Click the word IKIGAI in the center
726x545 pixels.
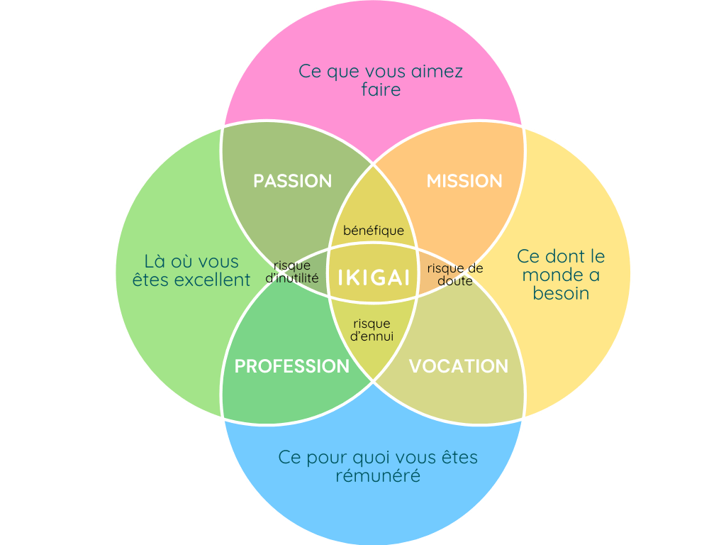[x=374, y=277]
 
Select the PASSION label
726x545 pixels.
[x=293, y=181]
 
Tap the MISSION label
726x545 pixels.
[x=464, y=181]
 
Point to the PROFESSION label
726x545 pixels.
[x=292, y=366]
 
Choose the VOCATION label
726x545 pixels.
[x=459, y=366]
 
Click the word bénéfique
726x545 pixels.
[x=374, y=231]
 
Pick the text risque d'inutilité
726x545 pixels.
[x=292, y=272]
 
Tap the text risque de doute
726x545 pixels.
[x=454, y=275]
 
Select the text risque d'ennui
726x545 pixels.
[x=372, y=330]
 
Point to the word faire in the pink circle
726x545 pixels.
[x=381, y=90]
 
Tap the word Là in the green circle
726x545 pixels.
[x=155, y=261]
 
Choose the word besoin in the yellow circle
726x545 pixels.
[x=561, y=293]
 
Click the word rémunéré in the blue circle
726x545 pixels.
[x=378, y=475]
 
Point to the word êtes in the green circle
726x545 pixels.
[x=151, y=280]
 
